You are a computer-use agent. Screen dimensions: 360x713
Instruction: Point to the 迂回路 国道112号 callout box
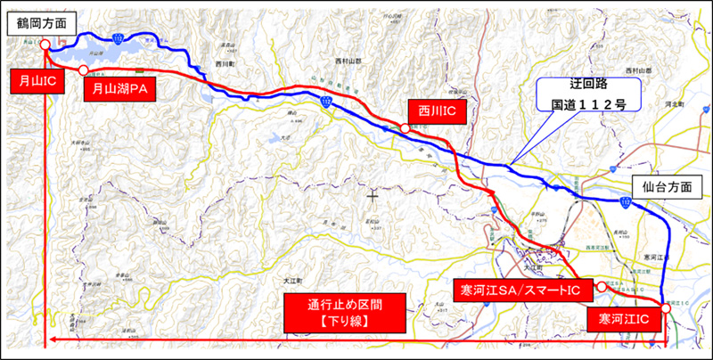coord(580,94)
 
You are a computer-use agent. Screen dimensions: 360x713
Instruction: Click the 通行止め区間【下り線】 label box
coord(342,311)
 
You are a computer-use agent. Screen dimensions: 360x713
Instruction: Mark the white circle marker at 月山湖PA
coord(83,70)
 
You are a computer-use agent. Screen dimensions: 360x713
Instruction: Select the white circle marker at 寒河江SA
coord(602,286)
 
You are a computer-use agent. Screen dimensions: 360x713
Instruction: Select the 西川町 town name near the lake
coord(224,64)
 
